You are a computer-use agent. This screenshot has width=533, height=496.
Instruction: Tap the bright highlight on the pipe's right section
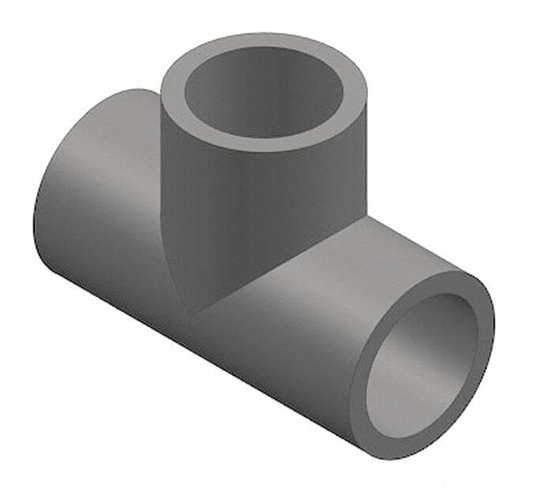pos(332,276)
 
